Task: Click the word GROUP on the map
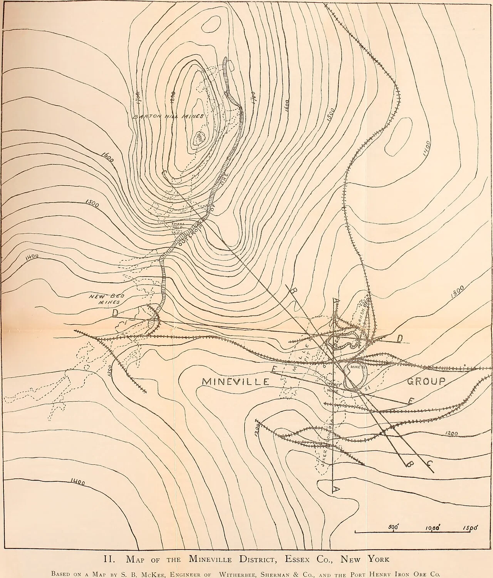[x=426, y=381]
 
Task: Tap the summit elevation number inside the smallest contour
[x=199, y=138]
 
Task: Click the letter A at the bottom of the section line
[x=335, y=489]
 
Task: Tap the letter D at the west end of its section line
[x=115, y=314]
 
